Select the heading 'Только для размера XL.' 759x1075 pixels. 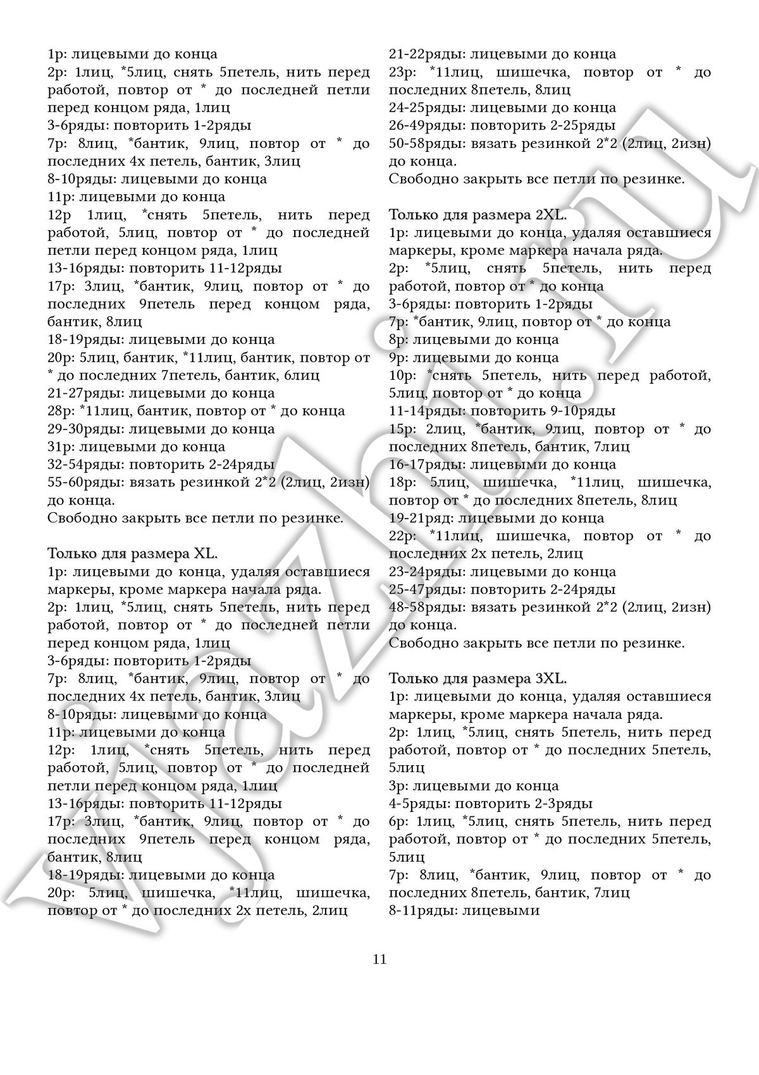click(x=133, y=553)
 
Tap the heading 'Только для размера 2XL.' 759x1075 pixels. click(x=478, y=214)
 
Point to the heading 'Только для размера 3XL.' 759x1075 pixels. click(x=478, y=679)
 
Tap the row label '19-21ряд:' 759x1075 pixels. click(x=421, y=518)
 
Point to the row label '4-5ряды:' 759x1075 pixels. click(x=418, y=804)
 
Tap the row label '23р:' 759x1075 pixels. click(x=403, y=72)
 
